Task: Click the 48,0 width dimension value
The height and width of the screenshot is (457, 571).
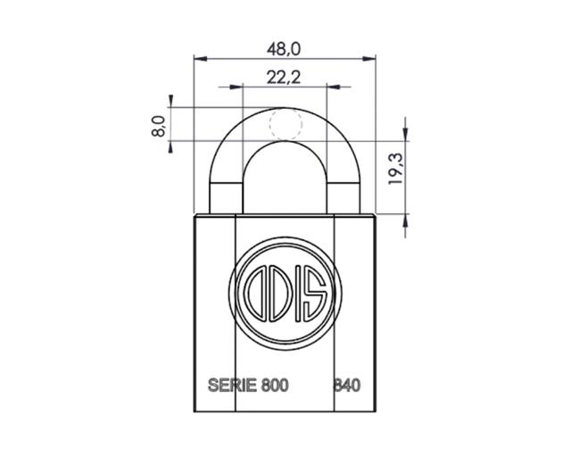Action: pyautogui.click(x=284, y=49)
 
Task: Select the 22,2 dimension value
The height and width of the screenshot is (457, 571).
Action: pyautogui.click(x=284, y=78)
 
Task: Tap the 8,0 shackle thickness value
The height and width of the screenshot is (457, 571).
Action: pyautogui.click(x=158, y=126)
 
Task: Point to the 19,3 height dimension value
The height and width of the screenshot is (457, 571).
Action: pyautogui.click(x=396, y=169)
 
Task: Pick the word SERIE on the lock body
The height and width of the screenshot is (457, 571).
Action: pyautogui.click(x=232, y=386)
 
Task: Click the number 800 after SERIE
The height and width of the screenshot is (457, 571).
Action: pyautogui.click(x=275, y=386)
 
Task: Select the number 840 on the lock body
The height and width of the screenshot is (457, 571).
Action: pyautogui.click(x=347, y=386)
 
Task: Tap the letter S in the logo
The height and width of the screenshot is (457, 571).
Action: pyautogui.click(x=315, y=294)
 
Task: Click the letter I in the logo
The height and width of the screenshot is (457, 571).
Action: pyautogui.click(x=299, y=294)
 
